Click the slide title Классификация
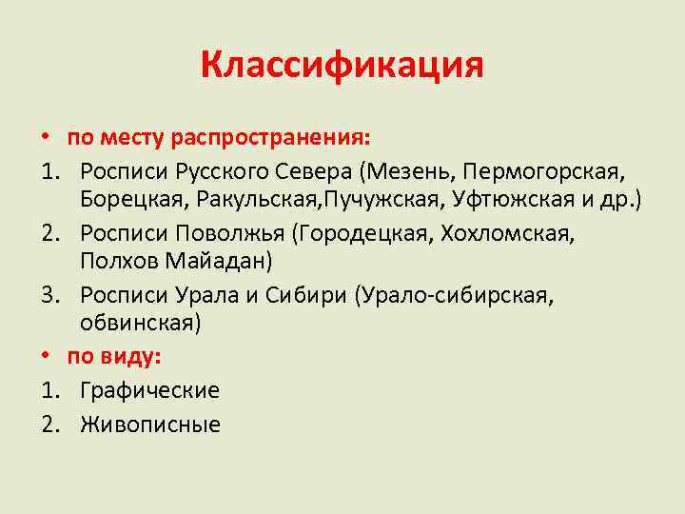pos(342,66)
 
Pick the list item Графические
pos(149,391)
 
